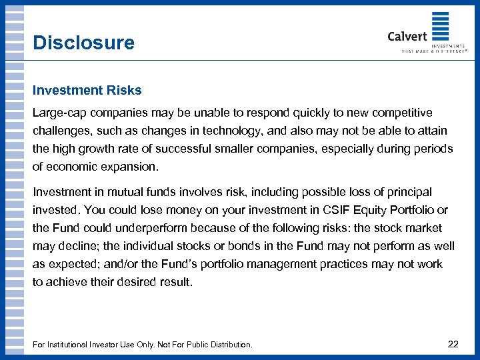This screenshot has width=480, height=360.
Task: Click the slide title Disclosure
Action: click(x=83, y=43)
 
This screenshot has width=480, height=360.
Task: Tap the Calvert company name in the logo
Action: click(x=407, y=36)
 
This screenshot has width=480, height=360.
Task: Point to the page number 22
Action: click(x=453, y=344)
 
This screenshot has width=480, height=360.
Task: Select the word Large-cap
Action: click(x=57, y=113)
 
